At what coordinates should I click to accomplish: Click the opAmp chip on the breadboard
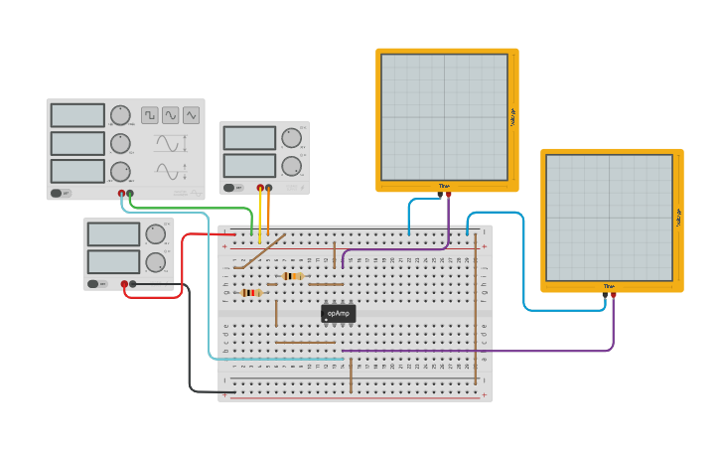339,313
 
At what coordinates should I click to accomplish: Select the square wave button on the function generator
149,115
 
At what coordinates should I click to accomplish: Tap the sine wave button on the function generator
171,115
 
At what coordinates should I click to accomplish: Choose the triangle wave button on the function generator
192,115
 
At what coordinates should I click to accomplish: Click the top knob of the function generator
120,115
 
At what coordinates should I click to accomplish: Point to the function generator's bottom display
77,171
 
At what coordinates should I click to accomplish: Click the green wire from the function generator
199,209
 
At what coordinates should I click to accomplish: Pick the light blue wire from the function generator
208,288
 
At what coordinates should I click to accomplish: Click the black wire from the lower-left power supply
190,338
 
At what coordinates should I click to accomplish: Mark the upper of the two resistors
292,276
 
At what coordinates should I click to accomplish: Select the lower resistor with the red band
250,293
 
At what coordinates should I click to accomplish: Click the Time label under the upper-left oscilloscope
444,186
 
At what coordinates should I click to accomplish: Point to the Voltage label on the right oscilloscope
678,218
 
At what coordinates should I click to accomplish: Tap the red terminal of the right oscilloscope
613,295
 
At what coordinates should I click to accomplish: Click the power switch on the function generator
59,193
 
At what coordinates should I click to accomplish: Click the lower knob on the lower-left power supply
156,262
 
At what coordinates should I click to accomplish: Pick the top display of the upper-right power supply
249,138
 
